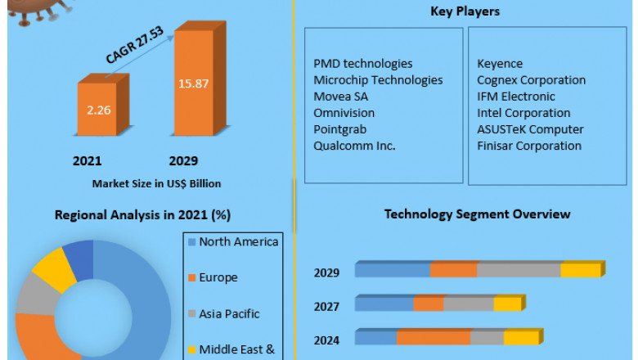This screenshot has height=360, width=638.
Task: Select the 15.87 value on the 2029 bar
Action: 193,83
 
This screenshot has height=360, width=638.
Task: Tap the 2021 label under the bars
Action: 88,160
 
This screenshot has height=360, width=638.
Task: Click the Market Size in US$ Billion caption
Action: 156,183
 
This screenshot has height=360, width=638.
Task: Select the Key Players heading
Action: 465,11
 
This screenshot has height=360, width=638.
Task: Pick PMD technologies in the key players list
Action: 362,63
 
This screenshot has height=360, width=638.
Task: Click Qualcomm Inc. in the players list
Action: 354,145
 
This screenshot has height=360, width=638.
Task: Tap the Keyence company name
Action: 499,63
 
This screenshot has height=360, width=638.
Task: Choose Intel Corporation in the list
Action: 523,112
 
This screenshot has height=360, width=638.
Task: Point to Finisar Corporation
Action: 529,145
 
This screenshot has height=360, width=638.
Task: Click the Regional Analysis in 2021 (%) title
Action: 142,215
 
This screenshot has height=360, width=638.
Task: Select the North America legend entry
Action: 238,241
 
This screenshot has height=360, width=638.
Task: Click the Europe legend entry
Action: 218,277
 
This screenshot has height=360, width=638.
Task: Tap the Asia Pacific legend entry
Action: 229,313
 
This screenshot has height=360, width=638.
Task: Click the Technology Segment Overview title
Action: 477,214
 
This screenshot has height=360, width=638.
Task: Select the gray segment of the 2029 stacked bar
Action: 519,271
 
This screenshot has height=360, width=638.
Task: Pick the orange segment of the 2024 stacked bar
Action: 434,338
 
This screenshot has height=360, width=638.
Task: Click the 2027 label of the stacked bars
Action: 326,305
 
